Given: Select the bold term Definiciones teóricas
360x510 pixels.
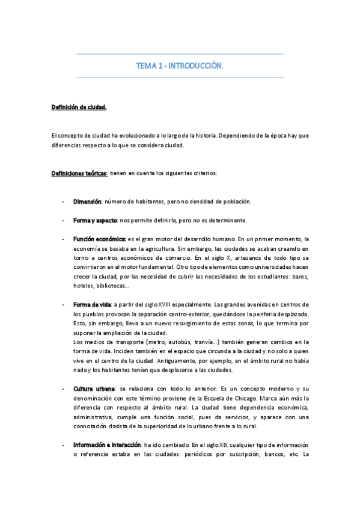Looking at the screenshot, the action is (78, 174).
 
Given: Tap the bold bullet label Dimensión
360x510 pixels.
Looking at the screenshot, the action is (87, 201).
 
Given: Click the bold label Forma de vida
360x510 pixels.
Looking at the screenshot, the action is (91, 305).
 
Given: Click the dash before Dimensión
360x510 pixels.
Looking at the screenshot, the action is (64, 201).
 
